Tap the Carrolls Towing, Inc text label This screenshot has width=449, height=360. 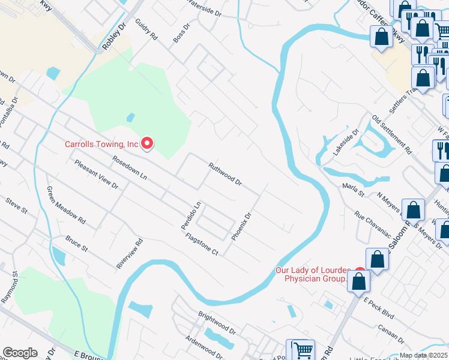[x=101, y=144]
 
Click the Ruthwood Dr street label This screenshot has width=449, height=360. [x=224, y=173]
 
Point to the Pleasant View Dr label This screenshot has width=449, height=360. [x=95, y=174]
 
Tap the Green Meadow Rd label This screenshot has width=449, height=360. [x=66, y=206]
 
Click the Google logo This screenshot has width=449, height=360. [x=20, y=353]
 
